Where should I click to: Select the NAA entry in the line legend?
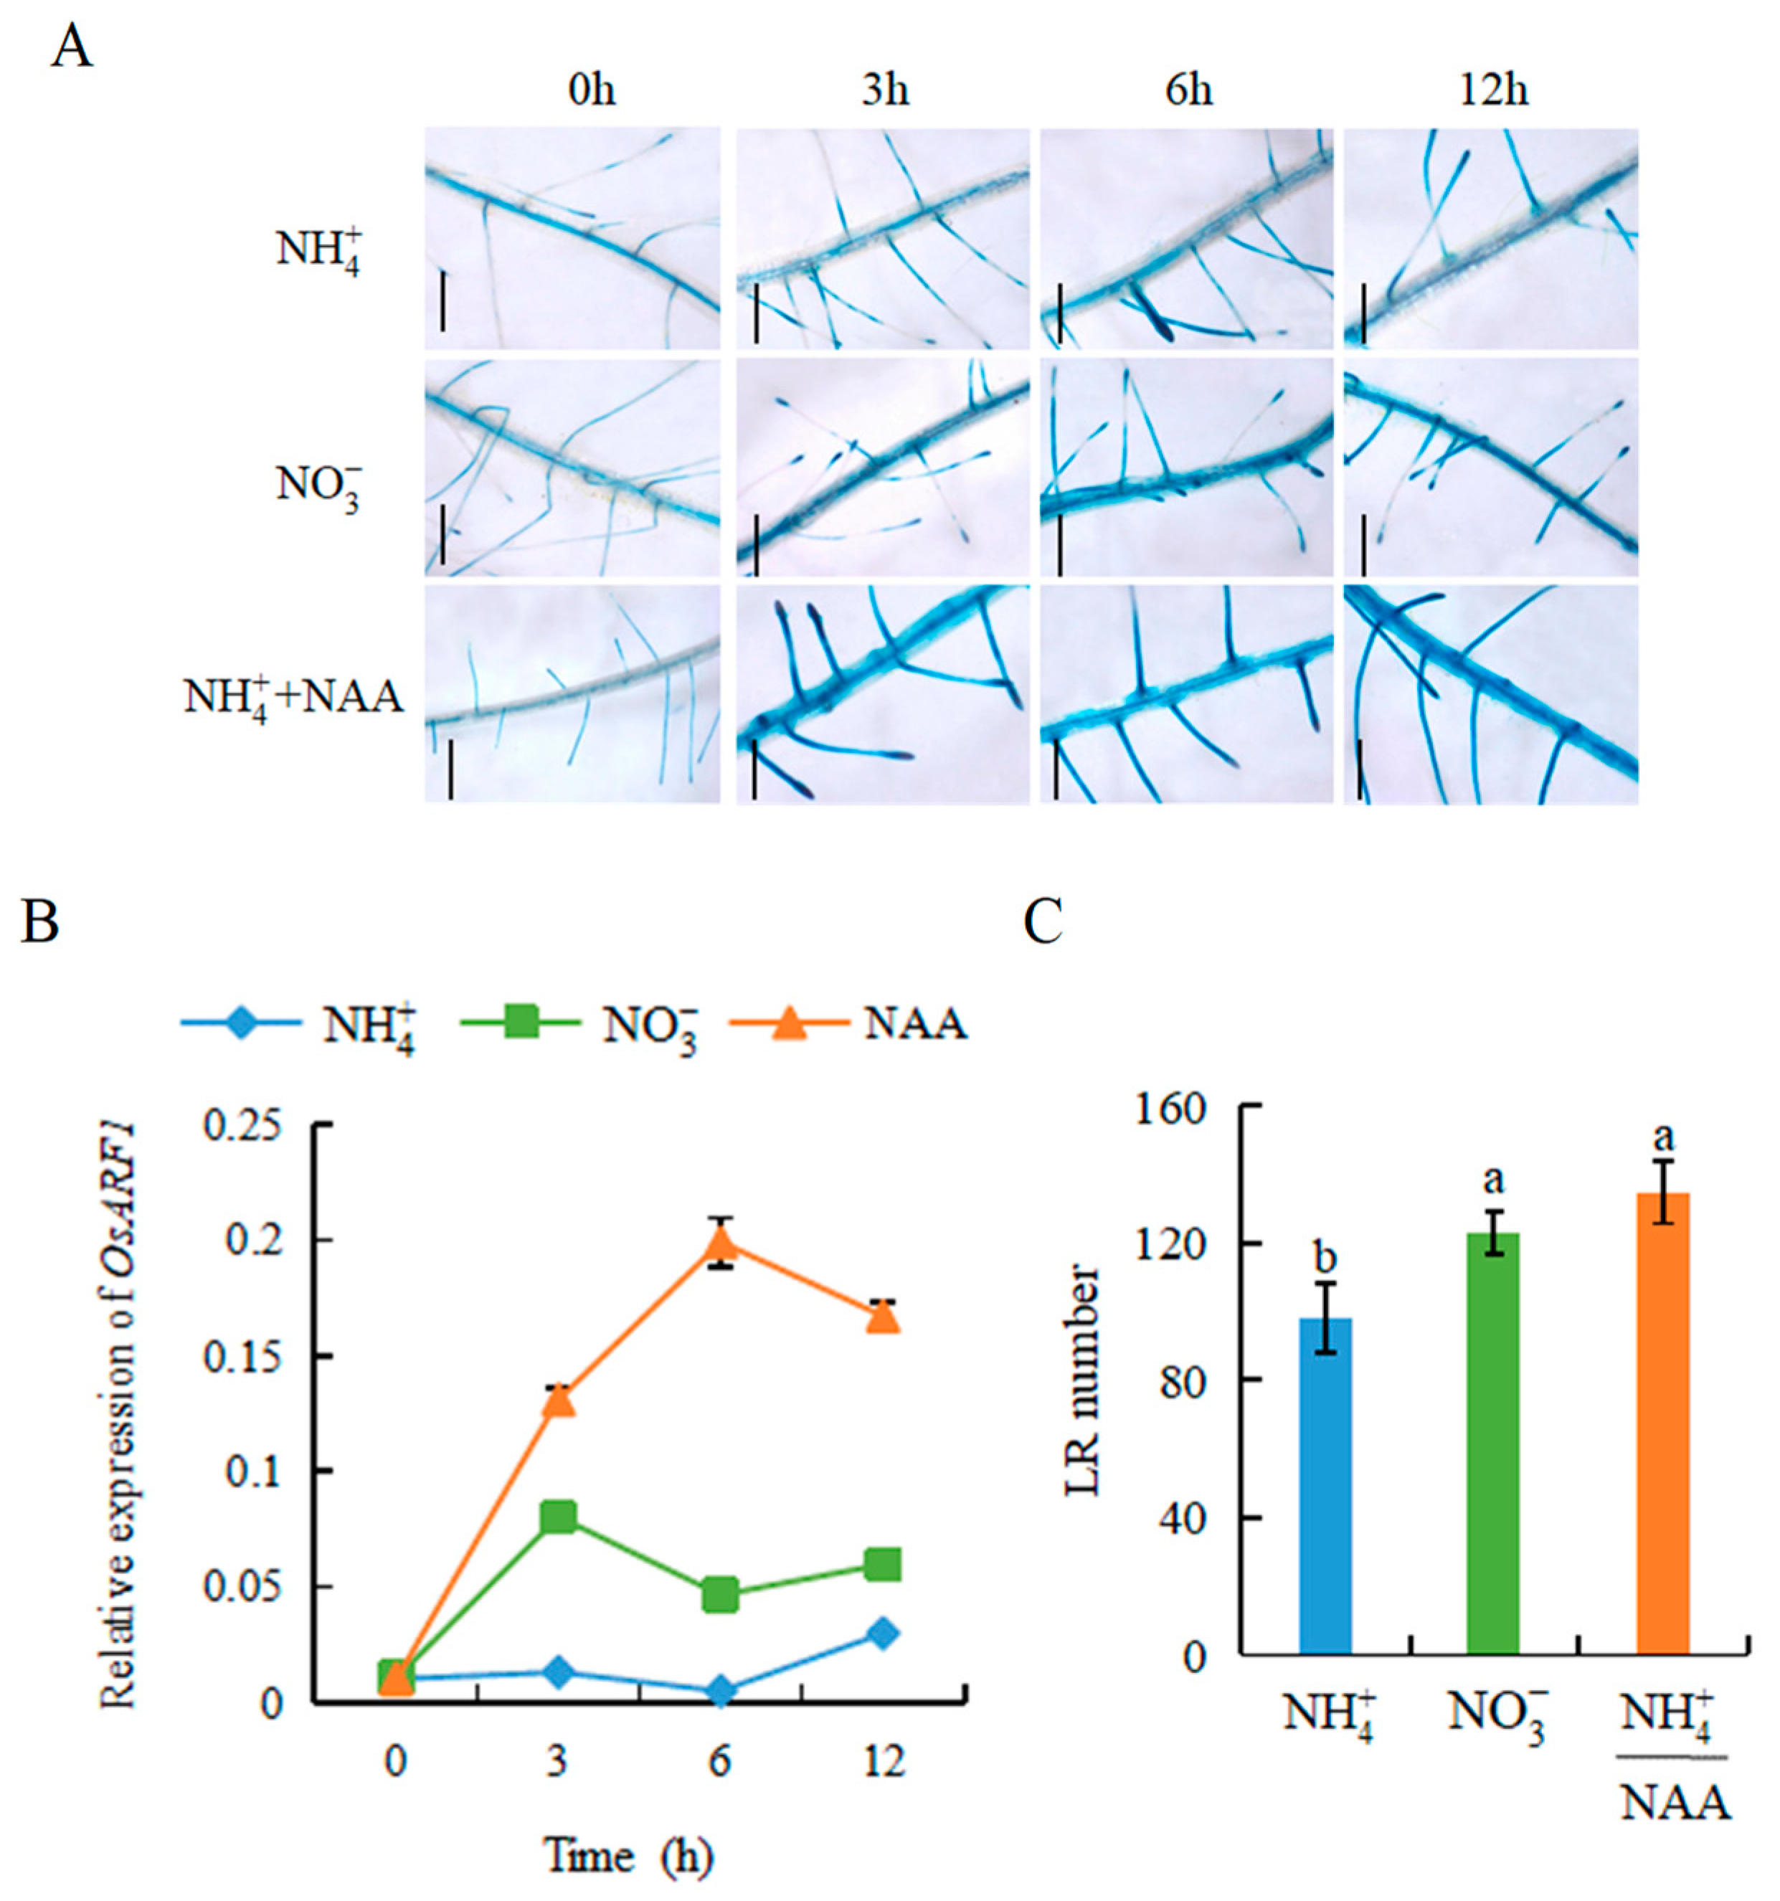915,1026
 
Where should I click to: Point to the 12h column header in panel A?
1493,92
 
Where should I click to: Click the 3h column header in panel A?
885,92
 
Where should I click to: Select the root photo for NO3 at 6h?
1186,468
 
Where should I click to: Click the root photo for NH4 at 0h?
572,239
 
